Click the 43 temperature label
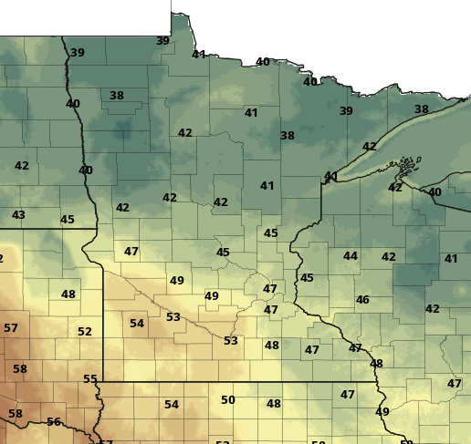(x=18, y=214)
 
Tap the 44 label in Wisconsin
(x=351, y=255)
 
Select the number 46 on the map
(x=362, y=299)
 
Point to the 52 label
(x=85, y=331)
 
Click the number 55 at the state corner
(x=90, y=378)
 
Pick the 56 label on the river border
(x=54, y=421)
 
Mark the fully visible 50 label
(x=228, y=399)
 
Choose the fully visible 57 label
(x=11, y=327)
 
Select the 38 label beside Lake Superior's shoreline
(x=421, y=108)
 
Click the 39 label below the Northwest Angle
(x=162, y=40)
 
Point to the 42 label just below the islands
(x=395, y=187)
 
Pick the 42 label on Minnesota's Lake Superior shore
(x=369, y=146)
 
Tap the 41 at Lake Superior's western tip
(x=330, y=176)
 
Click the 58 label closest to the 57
(x=20, y=368)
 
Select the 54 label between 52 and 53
(x=137, y=323)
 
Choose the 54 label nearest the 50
(x=172, y=404)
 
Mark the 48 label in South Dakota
(x=68, y=294)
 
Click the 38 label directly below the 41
(x=288, y=135)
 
